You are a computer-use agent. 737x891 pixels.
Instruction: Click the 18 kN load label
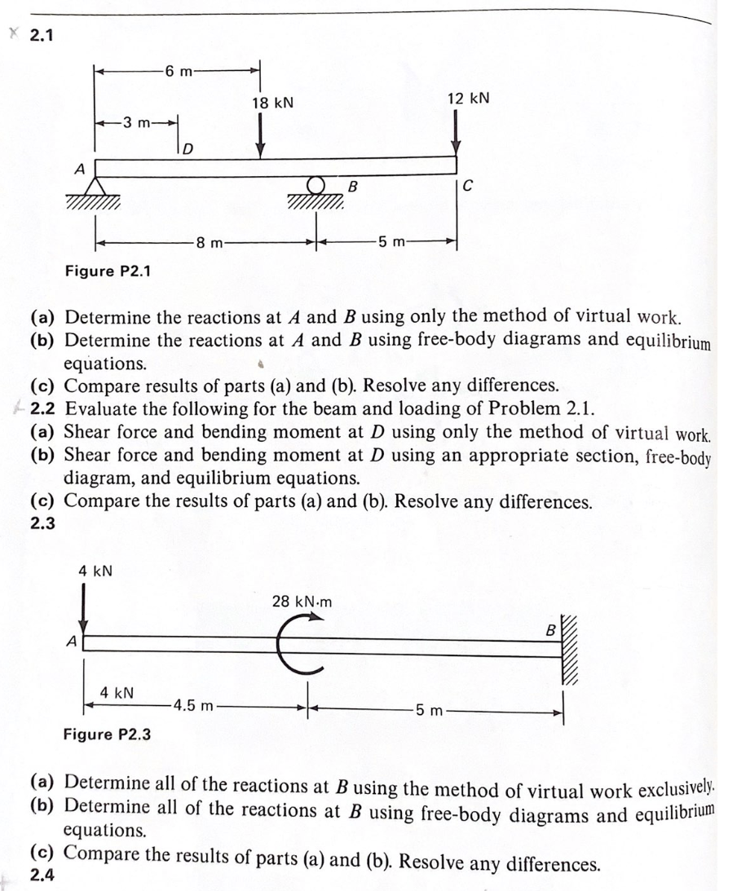tap(272, 104)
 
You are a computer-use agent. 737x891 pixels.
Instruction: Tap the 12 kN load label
tap(468, 98)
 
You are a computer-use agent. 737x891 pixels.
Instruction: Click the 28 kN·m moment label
tap(302, 602)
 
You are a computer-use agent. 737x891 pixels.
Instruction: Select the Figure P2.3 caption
tap(107, 734)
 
